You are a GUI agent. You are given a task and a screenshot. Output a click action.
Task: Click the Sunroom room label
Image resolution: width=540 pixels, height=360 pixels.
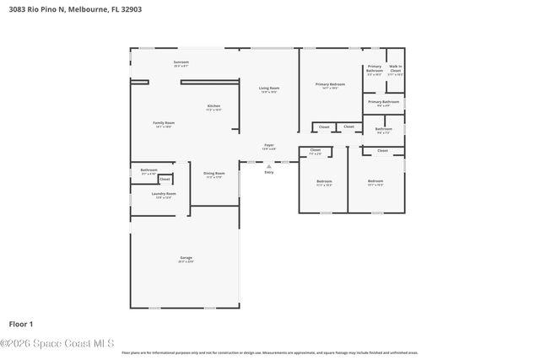(x=181, y=62)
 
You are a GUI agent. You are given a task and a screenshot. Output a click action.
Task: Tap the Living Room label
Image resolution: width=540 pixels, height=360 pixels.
(x=269, y=88)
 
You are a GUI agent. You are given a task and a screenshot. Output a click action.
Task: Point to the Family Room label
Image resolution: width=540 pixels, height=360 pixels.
(x=163, y=123)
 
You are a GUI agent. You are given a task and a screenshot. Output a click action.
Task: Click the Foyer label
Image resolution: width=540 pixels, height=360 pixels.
(x=269, y=145)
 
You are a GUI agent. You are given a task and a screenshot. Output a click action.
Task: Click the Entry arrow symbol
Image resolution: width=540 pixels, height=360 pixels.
(x=269, y=166)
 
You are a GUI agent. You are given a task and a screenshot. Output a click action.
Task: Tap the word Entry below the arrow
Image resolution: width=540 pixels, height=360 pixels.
(x=269, y=172)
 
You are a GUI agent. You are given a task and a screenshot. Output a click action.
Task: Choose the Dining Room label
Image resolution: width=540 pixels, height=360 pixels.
(x=214, y=174)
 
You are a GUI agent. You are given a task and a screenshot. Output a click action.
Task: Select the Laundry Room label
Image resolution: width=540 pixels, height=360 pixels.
(x=164, y=194)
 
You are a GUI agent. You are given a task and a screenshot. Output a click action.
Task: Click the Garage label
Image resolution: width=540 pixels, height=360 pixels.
(x=186, y=258)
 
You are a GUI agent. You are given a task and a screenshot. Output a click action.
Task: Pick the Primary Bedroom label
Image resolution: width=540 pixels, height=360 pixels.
(x=331, y=84)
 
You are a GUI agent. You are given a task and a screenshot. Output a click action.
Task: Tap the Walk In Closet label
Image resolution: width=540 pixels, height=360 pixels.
(x=395, y=69)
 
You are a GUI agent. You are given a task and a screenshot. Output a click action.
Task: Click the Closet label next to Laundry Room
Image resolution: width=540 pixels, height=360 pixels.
(x=165, y=179)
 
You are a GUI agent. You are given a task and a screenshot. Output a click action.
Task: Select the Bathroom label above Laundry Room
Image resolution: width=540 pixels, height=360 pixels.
(x=149, y=170)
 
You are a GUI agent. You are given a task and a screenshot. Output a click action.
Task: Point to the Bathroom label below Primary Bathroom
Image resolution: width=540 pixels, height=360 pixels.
(x=383, y=129)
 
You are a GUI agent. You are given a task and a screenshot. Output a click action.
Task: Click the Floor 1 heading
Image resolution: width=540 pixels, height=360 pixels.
(x=21, y=323)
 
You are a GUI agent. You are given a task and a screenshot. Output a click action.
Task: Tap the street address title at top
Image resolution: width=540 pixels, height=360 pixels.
(x=65, y=11)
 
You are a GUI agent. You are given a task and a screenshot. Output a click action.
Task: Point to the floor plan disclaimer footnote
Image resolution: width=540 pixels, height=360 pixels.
(x=269, y=352)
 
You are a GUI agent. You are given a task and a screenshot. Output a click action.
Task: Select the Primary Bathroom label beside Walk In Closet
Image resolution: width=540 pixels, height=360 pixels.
(x=375, y=71)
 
